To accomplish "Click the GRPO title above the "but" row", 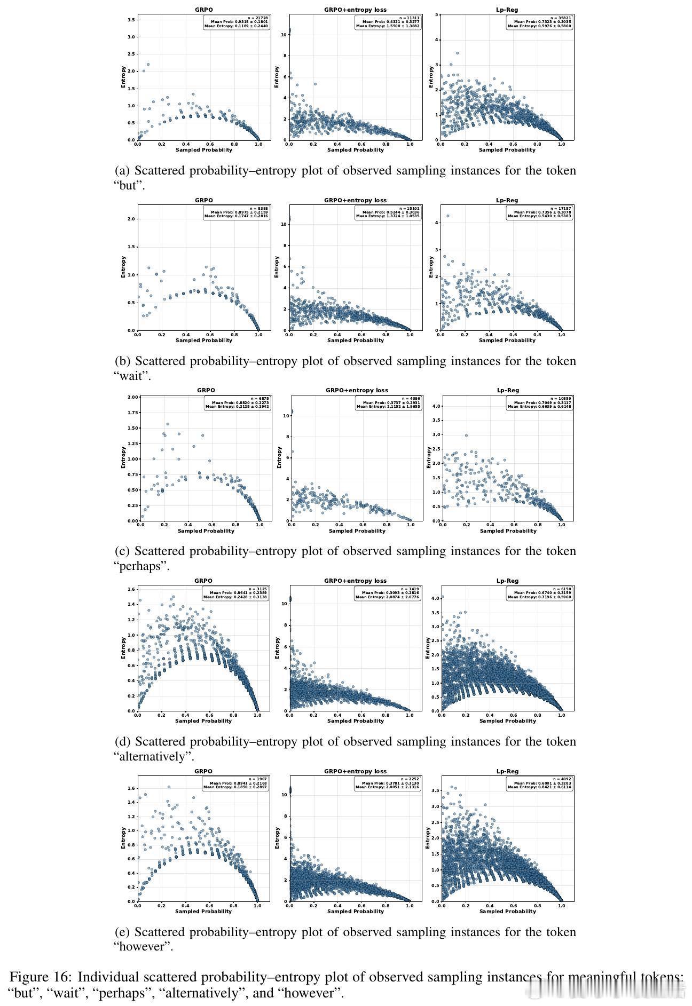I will [203, 10].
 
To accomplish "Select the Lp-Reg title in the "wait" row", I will [507, 200].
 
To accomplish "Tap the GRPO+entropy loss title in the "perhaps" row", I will [357, 390].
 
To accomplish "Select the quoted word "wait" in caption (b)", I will [132, 376].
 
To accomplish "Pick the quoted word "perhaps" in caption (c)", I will [141, 566].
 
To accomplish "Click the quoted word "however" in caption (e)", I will [143, 946].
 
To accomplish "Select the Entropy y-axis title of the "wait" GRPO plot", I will [124, 267].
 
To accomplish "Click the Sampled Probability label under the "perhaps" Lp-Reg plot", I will [508, 531].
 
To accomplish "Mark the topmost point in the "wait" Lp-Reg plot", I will [447, 216].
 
